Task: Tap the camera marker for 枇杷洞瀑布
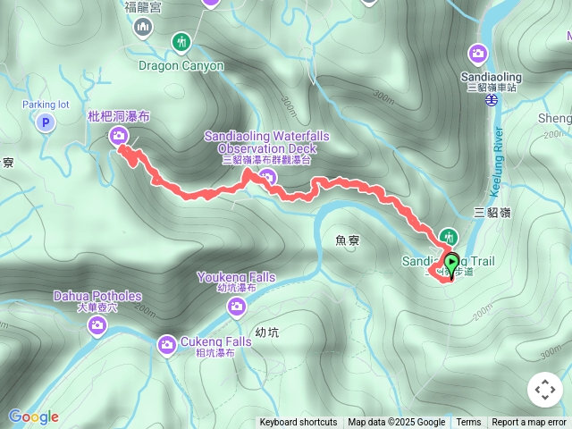pyautogui.click(x=119, y=135)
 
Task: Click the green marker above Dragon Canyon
pyautogui.click(x=181, y=42)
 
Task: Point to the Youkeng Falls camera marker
pyautogui.click(x=237, y=307)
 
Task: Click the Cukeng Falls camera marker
pyautogui.click(x=167, y=344)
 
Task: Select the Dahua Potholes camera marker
pyautogui.click(x=97, y=326)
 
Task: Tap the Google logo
pyautogui.click(x=33, y=416)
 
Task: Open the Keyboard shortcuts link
pyautogui.click(x=299, y=423)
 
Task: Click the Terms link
pyautogui.click(x=468, y=423)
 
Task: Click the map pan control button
pyautogui.click(x=544, y=389)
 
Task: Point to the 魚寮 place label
pyautogui.click(x=347, y=240)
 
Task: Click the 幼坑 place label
pyautogui.click(x=266, y=332)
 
